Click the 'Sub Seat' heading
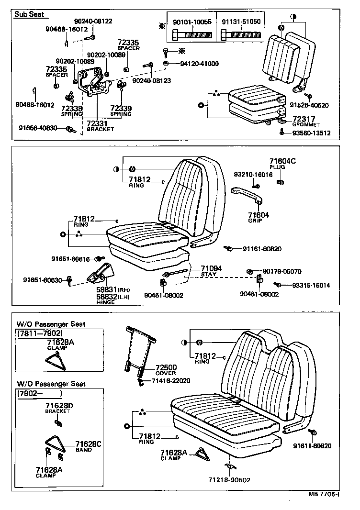point(29,14)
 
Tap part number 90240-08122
point(93,21)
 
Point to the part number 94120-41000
point(199,64)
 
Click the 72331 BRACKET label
point(100,126)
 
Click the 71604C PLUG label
point(282,164)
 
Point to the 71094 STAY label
point(211,271)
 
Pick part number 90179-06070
point(282,271)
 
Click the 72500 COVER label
point(166,369)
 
